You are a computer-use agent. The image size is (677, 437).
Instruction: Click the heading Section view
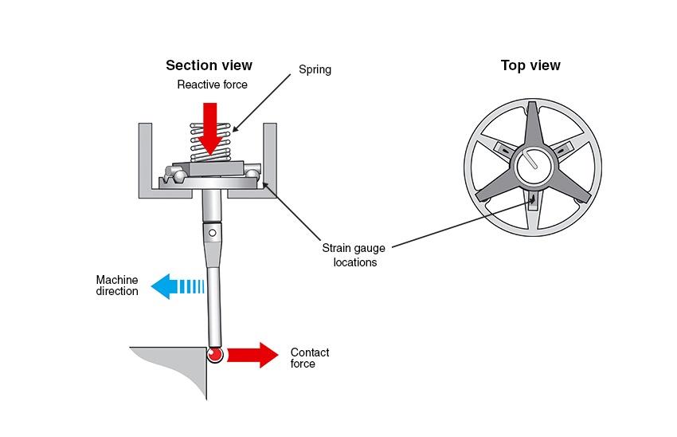click(x=209, y=65)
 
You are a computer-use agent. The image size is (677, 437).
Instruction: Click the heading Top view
click(x=530, y=65)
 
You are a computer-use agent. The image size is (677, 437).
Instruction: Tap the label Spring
click(x=315, y=70)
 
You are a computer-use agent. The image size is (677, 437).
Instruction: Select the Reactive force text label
click(x=212, y=85)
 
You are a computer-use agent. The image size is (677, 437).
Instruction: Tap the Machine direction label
click(x=117, y=285)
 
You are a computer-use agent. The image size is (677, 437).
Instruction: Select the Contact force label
click(x=309, y=358)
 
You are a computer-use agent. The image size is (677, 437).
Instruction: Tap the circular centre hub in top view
click(x=530, y=163)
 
